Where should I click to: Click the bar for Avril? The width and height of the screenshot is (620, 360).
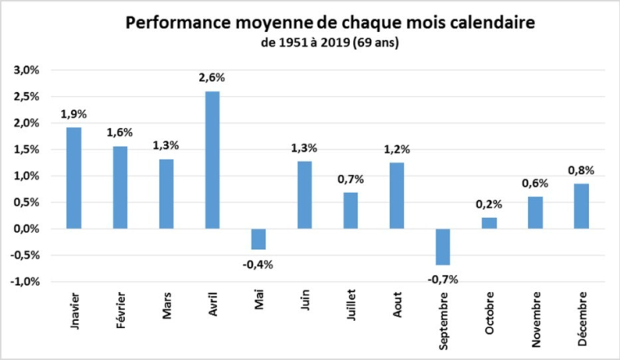point(212,160)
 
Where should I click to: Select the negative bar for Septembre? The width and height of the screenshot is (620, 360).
point(442,247)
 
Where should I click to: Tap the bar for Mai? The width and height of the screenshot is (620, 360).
point(258,238)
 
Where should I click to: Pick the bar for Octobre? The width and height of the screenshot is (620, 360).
point(489,223)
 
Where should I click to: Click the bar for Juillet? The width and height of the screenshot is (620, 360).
point(350,211)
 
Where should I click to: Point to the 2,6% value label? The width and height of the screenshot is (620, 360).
point(212,78)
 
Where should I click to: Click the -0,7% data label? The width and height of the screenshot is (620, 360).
point(442,279)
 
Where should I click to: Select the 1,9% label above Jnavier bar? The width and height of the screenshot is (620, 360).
point(73,114)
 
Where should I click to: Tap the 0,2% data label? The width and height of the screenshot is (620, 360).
point(489,204)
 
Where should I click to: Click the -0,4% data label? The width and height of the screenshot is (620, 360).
point(258,263)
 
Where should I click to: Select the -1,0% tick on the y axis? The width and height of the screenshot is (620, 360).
point(24,282)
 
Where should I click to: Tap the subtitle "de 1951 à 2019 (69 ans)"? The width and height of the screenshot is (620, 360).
point(330,42)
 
